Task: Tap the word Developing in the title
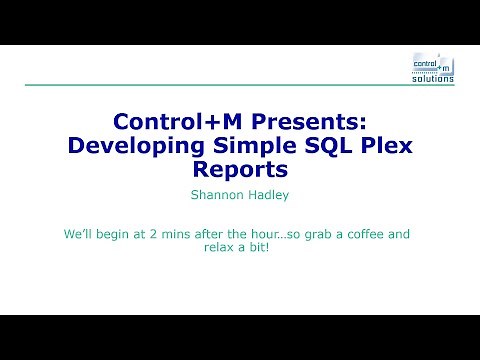point(129,144)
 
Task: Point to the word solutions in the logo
point(433,77)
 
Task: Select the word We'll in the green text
point(78,236)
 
